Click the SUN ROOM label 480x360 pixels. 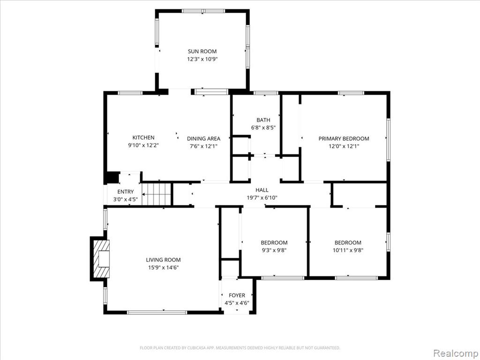(202, 52)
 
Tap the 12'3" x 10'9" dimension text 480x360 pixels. (202, 59)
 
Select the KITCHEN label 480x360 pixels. (143, 137)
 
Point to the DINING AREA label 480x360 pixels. (203, 139)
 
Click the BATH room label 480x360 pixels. (263, 120)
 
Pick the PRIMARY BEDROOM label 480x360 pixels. (344, 139)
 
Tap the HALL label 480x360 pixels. (262, 190)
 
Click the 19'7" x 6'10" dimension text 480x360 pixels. (262, 198)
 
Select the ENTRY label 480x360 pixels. (126, 192)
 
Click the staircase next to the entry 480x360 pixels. (156, 194)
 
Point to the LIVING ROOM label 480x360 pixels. (163, 260)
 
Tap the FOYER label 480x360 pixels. (237, 295)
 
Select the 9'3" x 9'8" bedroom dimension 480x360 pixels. (274, 250)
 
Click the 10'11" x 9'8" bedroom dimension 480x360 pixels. (348, 250)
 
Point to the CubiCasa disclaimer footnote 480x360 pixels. (240, 348)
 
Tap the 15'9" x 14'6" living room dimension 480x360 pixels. (163, 268)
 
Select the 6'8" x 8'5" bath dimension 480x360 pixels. (263, 127)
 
